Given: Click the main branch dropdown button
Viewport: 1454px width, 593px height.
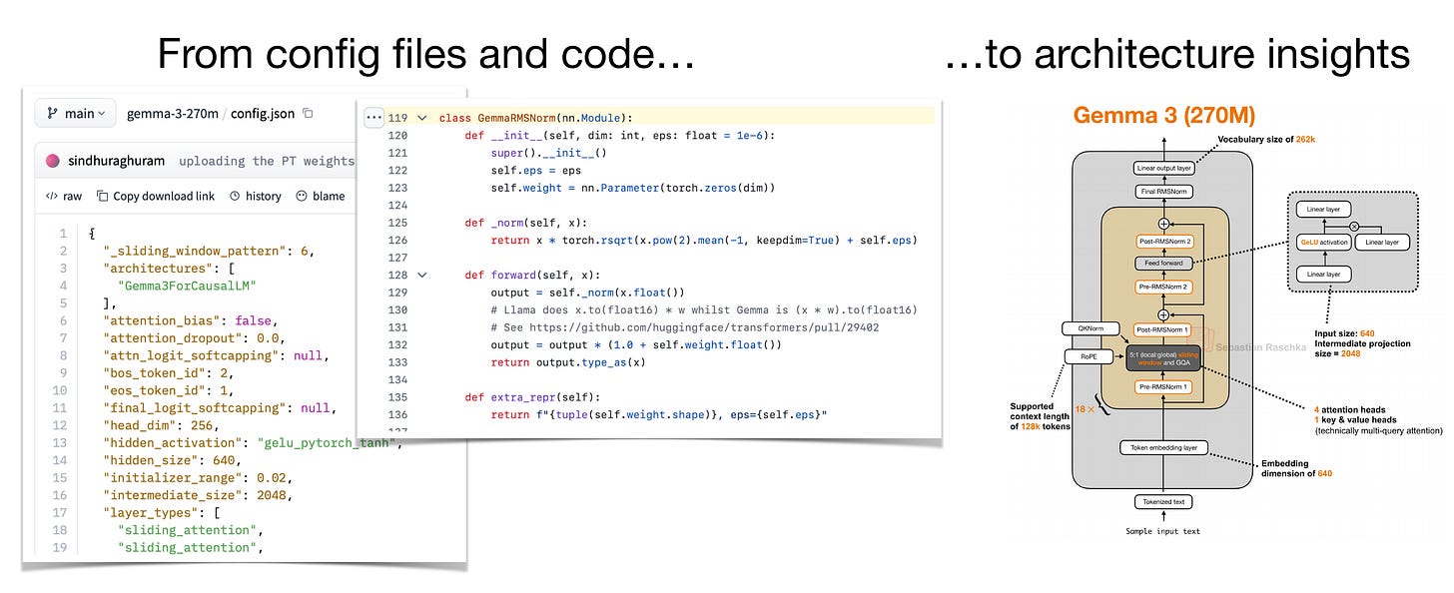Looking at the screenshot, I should [76, 114].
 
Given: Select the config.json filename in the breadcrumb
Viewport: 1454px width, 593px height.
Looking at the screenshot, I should [264, 114].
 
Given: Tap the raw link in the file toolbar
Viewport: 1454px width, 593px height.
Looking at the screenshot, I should [65, 196].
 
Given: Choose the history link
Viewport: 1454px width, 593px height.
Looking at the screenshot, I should [256, 196].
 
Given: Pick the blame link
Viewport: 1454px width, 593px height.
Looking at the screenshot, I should [321, 196].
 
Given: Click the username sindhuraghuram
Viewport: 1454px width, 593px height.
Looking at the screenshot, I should [116, 161].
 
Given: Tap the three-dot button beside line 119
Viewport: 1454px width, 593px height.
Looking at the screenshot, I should [373, 117].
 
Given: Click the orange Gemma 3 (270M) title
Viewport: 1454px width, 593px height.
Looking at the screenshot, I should [1163, 116].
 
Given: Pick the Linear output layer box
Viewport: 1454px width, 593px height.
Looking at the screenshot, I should [1163, 169].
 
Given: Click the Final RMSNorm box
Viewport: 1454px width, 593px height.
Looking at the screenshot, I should [1163, 191].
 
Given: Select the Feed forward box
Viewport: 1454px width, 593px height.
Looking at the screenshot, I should [1163, 264].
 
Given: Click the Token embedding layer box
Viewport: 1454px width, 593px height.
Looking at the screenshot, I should [1163, 448].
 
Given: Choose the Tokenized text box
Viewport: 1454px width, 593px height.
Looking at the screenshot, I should [1163, 502].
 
